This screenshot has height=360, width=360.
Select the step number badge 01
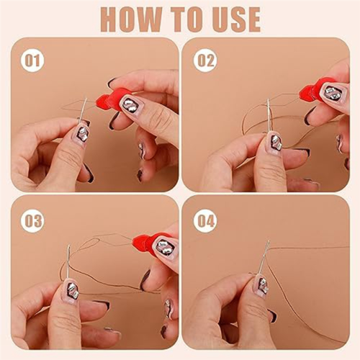[32, 60]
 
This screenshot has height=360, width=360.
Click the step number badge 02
[206, 60]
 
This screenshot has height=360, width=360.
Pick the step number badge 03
[32, 221]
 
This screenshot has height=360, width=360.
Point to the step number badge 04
[206, 221]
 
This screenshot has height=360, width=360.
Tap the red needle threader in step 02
[312, 89]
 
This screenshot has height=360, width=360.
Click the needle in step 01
[82, 111]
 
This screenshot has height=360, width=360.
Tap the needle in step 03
[68, 264]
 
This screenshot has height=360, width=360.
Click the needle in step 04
[264, 256]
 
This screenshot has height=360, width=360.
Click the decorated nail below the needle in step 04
[262, 285]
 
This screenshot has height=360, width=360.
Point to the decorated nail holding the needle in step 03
[70, 292]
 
